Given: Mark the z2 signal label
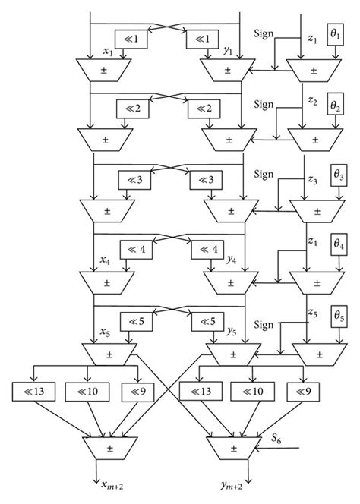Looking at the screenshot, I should tap(312, 101).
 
